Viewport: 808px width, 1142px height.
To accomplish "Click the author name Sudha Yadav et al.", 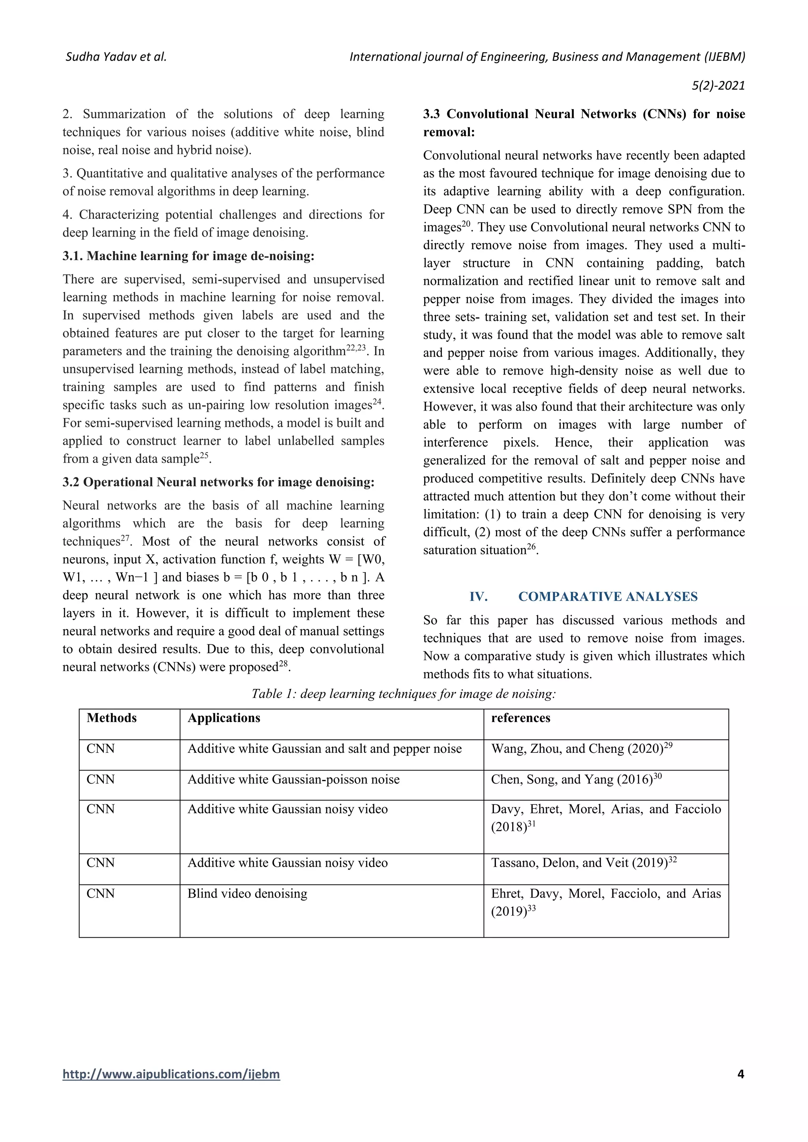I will pyautogui.click(x=116, y=57).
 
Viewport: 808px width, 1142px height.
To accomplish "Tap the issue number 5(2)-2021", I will pyautogui.click(x=718, y=86).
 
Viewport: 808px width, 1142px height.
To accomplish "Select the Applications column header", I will pyautogui.click(x=223, y=718).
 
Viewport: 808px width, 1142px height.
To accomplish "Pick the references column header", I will pyautogui.click(x=520, y=718).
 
